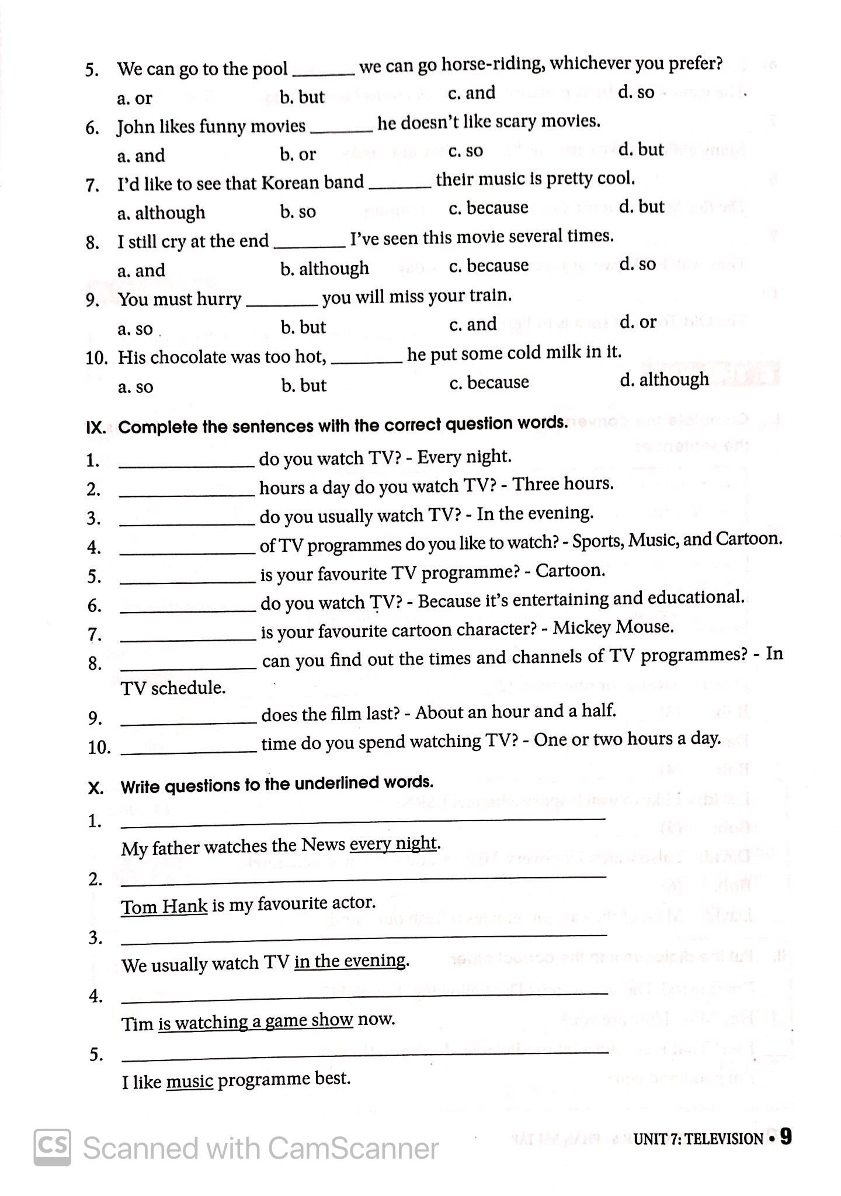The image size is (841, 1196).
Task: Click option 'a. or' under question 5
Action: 134,98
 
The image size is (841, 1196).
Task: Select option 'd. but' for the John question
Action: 641,149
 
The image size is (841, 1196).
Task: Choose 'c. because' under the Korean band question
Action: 488,208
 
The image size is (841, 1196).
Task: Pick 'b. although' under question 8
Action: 324,269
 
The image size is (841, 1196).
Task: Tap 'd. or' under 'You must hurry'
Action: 638,322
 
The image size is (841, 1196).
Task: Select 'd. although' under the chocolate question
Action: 664,380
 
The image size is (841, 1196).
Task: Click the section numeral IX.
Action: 96,427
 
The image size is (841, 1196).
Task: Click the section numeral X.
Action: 96,788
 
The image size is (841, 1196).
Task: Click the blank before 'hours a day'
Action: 187,493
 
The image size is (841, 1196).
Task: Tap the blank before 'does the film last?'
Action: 189,722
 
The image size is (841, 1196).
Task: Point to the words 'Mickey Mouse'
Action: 613,627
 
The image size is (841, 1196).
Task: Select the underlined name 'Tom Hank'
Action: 164,906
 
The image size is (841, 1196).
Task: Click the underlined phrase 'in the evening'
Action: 350,961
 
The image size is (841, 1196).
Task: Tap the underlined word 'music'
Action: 189,1082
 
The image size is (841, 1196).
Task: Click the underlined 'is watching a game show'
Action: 256,1021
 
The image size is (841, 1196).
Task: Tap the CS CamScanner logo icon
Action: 53,1148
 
